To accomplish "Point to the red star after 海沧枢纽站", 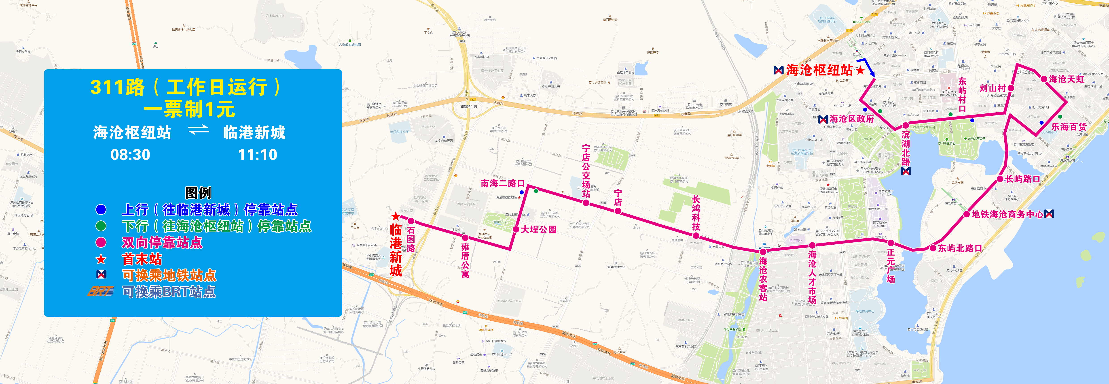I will [x=860, y=70].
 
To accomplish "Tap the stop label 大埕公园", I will [x=539, y=229].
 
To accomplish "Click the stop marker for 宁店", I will [x=618, y=211].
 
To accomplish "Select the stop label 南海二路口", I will [x=502, y=183].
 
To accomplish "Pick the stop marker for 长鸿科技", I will [x=696, y=235].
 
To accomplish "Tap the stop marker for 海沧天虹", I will [x=1044, y=79].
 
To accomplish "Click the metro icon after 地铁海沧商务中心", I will [x=1049, y=214].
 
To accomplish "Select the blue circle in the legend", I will [x=101, y=209].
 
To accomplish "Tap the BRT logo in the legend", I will [x=101, y=291].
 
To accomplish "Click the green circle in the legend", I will [x=101, y=226].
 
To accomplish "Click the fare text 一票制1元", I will [x=189, y=109].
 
